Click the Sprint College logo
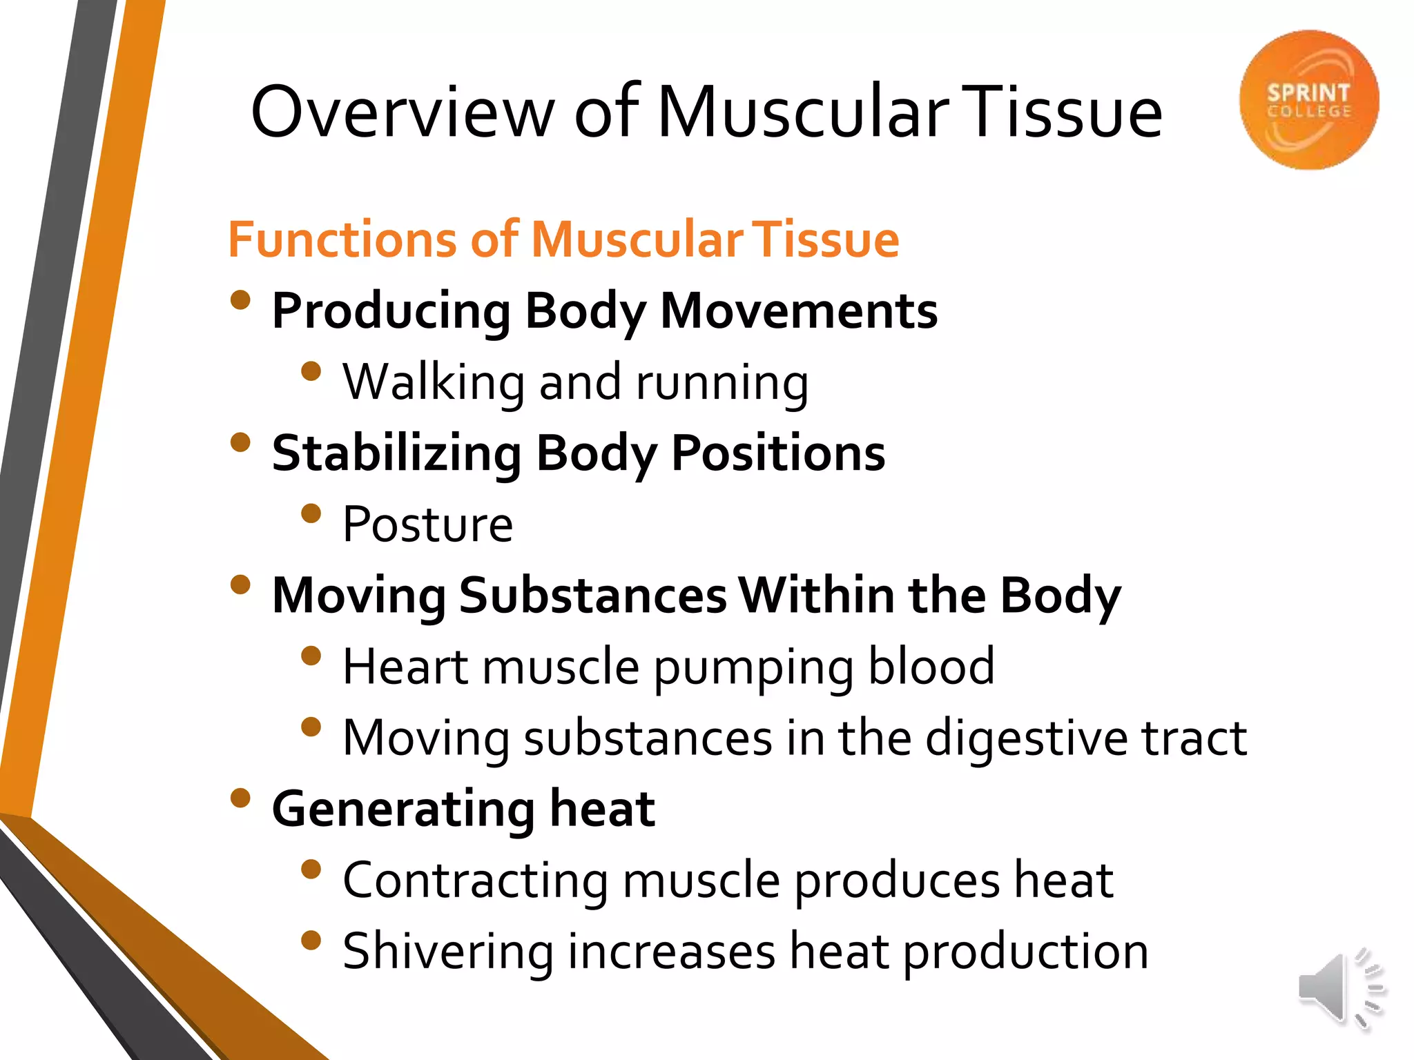coord(1308,100)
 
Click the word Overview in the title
coord(403,112)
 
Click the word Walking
coord(434,382)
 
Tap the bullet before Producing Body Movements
coord(240,300)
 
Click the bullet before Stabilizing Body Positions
coord(240,442)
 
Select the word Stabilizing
coord(397,454)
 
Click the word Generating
coord(403,809)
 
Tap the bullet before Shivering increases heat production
coord(311,941)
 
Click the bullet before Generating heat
coord(240,798)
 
